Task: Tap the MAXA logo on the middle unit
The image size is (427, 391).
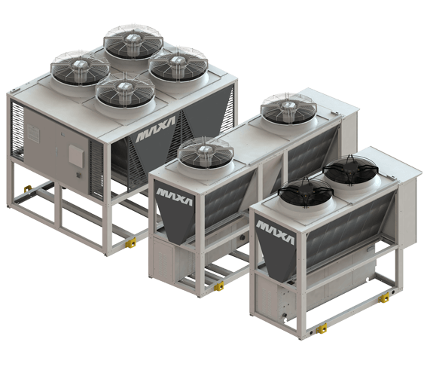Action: (174, 196)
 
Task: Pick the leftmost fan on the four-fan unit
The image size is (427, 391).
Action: (80, 68)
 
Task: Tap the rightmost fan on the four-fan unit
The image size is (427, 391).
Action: (178, 64)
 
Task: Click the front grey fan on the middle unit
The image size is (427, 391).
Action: (206, 154)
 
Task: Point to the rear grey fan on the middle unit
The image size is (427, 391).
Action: (288, 108)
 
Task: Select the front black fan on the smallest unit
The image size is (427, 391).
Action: (306, 192)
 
